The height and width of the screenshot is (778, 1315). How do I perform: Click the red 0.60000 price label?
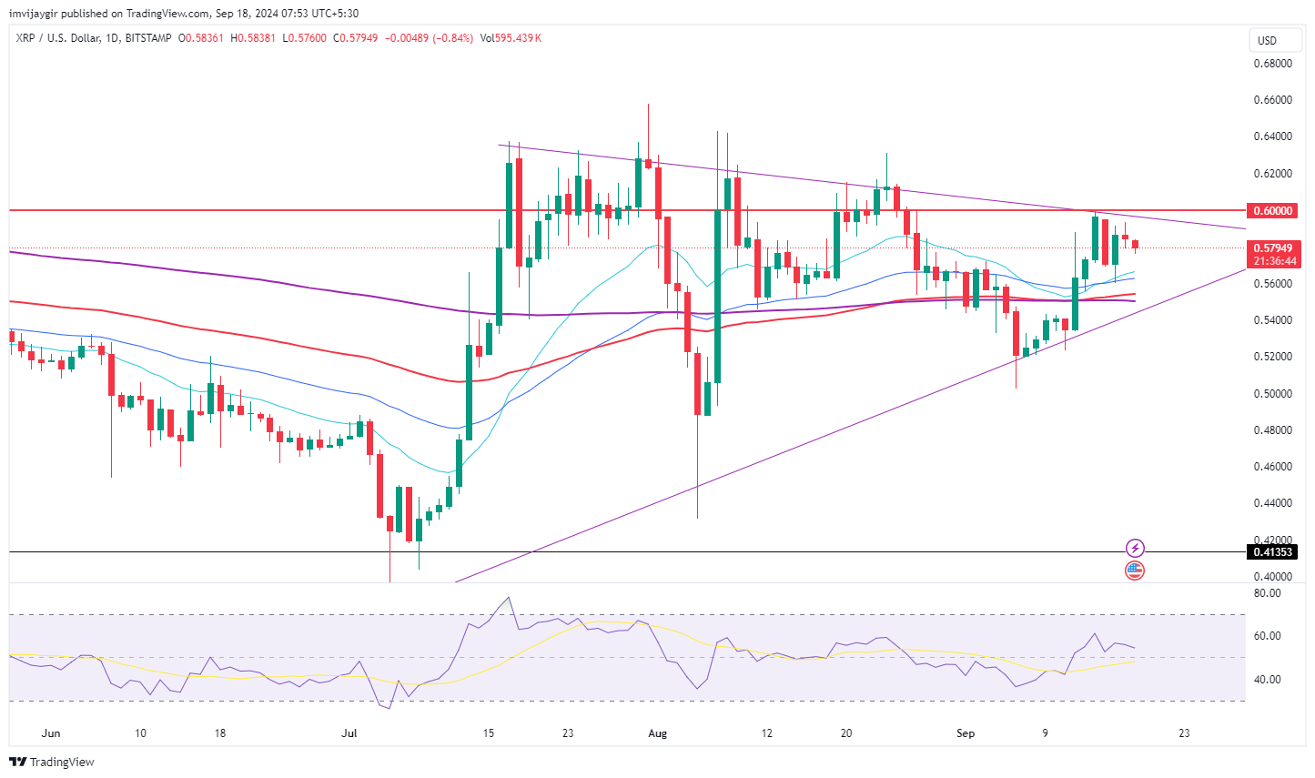(1273, 210)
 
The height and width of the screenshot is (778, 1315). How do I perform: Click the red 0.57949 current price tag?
(1273, 248)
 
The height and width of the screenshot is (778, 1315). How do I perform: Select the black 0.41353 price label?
(1273, 552)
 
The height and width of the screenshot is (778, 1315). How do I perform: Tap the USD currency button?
(1267, 40)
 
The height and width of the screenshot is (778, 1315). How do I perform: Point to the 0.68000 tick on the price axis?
(1272, 64)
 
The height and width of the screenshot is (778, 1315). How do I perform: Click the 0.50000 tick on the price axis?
(1272, 394)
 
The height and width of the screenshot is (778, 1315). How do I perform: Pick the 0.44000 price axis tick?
(1272, 503)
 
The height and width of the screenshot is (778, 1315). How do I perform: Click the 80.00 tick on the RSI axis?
(1267, 593)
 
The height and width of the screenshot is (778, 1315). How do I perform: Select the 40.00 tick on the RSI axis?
(1267, 680)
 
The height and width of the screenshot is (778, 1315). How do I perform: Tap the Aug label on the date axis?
(657, 733)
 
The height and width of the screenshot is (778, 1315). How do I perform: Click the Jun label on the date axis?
(51, 733)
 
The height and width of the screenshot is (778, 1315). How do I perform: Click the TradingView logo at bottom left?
(53, 763)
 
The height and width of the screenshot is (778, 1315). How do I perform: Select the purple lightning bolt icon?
(1135, 548)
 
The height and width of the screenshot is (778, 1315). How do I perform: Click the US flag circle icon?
(1135, 571)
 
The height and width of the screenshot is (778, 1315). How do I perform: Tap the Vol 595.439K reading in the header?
(511, 38)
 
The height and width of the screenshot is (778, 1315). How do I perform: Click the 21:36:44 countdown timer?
(1273, 261)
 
